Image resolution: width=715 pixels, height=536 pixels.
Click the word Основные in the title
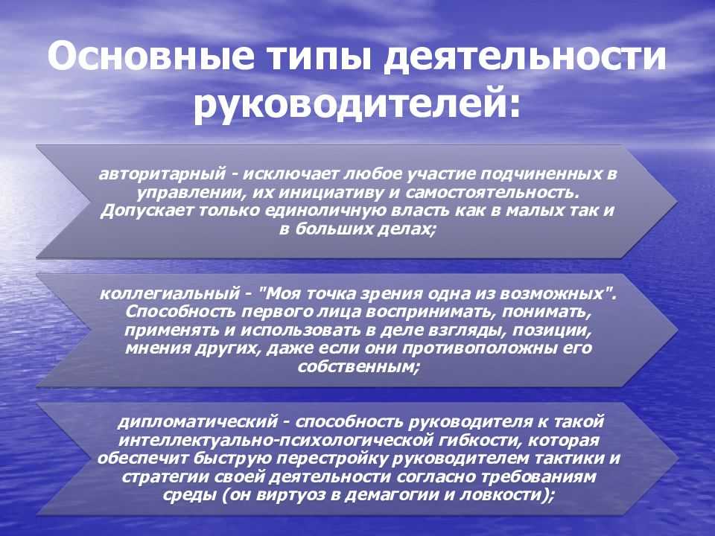pyautogui.click(x=151, y=56)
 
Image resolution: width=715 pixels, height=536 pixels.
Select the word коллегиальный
pyautogui.click(x=170, y=293)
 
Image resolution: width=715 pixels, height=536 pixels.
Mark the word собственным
pyautogui.click(x=358, y=367)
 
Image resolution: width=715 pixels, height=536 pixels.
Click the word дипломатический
pyautogui.click(x=198, y=421)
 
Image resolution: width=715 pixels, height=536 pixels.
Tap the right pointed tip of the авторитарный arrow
pyautogui.click(x=678, y=202)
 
